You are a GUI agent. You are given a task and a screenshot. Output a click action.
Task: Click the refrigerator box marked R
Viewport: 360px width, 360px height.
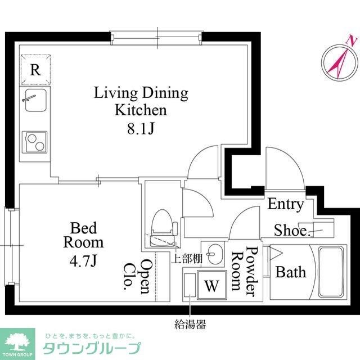pos(35,70)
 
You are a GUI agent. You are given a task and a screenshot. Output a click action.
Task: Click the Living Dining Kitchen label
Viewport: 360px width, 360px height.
pos(141,101)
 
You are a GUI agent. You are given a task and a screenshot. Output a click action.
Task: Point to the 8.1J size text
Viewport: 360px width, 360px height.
pos(141,129)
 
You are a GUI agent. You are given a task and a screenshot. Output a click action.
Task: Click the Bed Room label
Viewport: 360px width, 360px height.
pos(83,236)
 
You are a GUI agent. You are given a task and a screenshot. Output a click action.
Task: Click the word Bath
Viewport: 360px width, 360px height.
pos(291,272)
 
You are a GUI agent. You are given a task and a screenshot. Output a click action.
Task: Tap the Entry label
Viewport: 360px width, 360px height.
pos(285,204)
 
